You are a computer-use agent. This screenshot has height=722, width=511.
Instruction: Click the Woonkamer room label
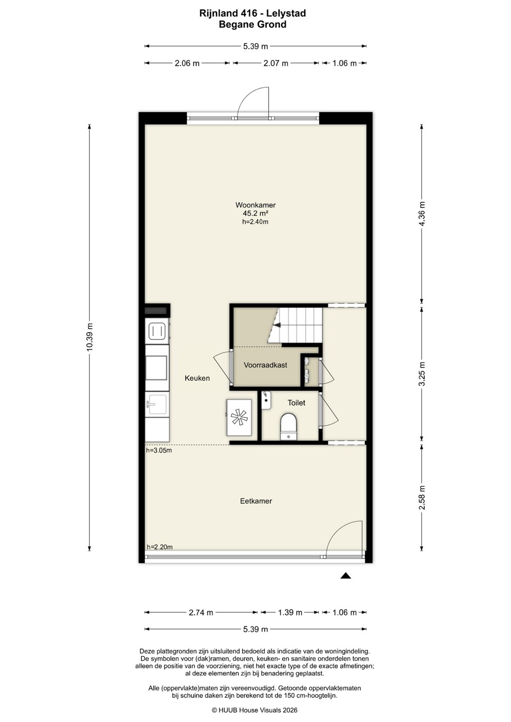(255, 205)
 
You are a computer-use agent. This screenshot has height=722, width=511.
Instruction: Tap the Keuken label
(197, 378)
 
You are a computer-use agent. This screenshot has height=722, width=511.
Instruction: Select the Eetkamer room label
(256, 501)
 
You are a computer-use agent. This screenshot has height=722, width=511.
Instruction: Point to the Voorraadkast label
(265, 365)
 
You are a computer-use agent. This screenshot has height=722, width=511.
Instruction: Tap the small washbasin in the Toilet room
(266, 400)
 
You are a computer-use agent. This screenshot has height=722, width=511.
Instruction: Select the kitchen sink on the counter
(157, 404)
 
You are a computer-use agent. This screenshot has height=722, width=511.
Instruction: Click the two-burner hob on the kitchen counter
(157, 331)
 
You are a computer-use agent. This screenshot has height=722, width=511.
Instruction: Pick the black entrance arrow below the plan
(345, 576)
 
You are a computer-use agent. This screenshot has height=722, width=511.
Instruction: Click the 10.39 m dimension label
(90, 336)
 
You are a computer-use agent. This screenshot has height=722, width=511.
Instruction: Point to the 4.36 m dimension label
(422, 214)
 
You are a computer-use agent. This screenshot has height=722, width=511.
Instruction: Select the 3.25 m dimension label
(422, 374)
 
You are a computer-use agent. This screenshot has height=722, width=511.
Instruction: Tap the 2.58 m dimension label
(422, 498)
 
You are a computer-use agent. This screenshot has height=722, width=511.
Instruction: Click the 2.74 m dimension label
(201, 612)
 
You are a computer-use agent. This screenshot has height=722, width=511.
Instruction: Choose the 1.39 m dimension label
(290, 612)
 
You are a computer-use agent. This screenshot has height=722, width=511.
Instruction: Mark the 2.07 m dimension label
(276, 63)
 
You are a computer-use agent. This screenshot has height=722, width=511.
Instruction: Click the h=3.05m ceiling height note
(159, 451)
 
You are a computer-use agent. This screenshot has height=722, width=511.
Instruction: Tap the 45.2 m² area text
(255, 214)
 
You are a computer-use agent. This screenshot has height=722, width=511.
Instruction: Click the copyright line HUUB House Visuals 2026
(254, 710)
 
